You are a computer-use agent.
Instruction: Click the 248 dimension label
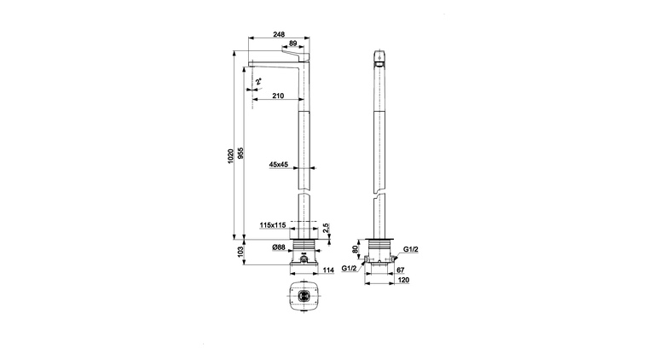coord(279,34)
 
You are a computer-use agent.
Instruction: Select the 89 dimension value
coord(293,43)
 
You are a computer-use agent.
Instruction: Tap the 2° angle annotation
coord(258,81)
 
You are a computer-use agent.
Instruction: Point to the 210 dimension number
coord(278,96)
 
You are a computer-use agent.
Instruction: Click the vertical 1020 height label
coord(231,156)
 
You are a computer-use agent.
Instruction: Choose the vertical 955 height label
coord(241,153)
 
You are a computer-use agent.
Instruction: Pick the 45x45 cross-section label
coord(279,165)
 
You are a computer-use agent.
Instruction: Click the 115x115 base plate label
coord(273,225)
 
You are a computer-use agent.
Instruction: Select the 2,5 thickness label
coord(326,228)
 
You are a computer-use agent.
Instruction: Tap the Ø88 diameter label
coord(279,247)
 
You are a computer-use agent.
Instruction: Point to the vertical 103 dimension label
coord(241,252)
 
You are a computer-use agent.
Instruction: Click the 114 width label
coord(328,270)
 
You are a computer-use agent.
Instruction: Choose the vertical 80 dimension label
coord(355,250)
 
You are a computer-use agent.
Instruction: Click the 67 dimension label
coord(401,270)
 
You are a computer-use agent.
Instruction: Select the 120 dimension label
coord(403,280)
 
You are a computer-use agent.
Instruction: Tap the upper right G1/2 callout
coord(411,249)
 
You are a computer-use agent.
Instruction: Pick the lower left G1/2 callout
coord(349,268)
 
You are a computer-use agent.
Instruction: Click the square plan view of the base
coord(304,295)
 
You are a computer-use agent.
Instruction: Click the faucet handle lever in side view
coord(296,53)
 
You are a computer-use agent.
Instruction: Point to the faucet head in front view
coord(379,59)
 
